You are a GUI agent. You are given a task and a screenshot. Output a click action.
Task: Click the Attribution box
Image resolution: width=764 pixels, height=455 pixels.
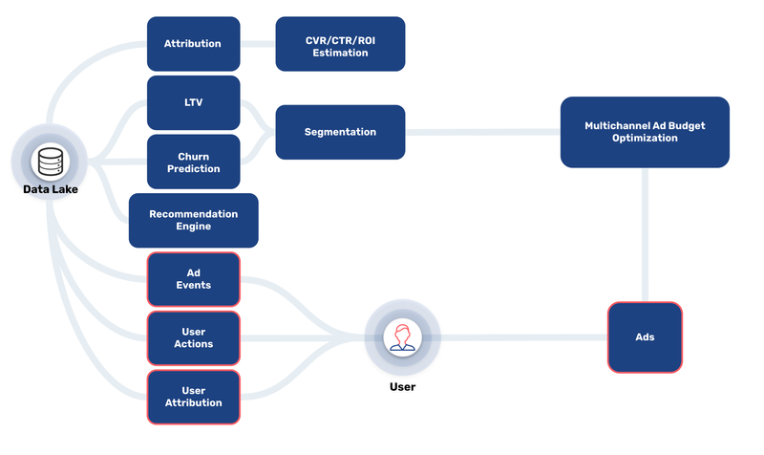coord(194,44)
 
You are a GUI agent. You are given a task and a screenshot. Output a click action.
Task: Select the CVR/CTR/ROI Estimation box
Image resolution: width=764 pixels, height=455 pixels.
coord(340,44)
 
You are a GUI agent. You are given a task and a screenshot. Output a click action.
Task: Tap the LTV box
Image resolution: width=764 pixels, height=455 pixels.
coord(194,102)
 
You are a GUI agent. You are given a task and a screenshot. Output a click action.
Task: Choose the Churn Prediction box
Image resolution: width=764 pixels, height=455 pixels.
coord(194,162)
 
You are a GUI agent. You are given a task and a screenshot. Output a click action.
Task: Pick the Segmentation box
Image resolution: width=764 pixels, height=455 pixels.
coord(340,132)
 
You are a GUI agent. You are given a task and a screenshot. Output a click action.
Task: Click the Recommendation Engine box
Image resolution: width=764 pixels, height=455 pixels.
coord(194,221)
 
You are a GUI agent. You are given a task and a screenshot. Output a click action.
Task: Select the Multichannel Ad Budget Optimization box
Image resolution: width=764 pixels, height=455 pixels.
coord(645,132)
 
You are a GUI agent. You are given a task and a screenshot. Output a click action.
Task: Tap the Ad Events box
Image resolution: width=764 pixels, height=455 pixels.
coord(194,279)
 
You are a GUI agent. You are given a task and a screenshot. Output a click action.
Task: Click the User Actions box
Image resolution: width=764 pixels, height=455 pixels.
coord(194,338)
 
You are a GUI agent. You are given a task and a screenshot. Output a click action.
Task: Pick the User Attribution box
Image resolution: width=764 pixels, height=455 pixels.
coord(194,397)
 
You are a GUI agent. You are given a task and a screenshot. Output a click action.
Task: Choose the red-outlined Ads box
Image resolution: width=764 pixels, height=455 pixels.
coord(645,337)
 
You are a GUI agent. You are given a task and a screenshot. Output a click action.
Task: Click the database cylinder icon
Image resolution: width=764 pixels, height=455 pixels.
coord(51,162)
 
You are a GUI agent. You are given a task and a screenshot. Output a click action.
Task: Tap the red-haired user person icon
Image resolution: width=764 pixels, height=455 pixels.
coord(402,337)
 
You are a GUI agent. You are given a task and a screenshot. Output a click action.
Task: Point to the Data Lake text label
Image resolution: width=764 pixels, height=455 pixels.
coord(51,189)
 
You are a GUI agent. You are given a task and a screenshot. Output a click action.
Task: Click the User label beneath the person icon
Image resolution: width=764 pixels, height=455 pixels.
coord(402,387)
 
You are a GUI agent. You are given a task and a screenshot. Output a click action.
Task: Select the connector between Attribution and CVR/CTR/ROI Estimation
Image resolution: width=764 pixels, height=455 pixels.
coord(258,44)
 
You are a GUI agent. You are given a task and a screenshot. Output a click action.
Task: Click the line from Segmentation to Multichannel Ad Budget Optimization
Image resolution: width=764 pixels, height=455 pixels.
coord(482,132)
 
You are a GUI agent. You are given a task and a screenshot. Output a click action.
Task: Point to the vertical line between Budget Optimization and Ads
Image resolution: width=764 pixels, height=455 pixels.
coord(645,234)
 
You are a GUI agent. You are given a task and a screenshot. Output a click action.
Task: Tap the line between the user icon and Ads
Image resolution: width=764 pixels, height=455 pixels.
coord(523,337)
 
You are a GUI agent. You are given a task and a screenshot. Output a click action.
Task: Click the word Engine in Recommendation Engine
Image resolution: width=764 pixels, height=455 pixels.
coord(194,227)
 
